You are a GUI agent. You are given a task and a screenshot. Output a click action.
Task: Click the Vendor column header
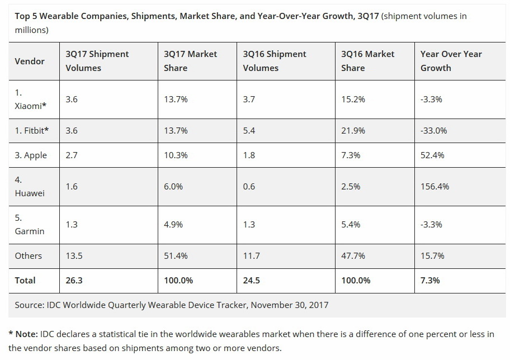click(30, 61)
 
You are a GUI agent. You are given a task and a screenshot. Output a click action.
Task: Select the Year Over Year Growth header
click(451, 61)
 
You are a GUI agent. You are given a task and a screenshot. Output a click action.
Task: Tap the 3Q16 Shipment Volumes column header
click(275, 61)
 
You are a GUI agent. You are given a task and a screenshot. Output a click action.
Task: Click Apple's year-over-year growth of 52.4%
click(432, 155)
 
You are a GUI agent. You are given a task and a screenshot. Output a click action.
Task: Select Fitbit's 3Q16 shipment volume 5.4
click(249, 130)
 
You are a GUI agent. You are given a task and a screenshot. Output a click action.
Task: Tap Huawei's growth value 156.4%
click(435, 186)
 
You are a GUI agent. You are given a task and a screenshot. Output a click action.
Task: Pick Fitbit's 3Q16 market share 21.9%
click(353, 130)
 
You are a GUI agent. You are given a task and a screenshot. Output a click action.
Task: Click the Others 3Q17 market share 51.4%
click(176, 255)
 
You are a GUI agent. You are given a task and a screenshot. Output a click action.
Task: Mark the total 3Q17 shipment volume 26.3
click(74, 280)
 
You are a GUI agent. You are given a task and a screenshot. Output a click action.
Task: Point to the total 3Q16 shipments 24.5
click(252, 280)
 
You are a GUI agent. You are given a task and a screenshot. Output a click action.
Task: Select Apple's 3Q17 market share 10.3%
click(176, 155)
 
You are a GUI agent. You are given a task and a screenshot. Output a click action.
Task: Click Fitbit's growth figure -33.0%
click(433, 130)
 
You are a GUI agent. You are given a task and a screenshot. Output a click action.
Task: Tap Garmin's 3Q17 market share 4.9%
click(173, 224)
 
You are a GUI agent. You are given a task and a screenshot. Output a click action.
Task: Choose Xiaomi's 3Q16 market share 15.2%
click(353, 99)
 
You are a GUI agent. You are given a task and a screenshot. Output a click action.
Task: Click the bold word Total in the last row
click(25, 280)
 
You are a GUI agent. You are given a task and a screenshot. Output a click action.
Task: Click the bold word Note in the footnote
click(26, 334)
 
